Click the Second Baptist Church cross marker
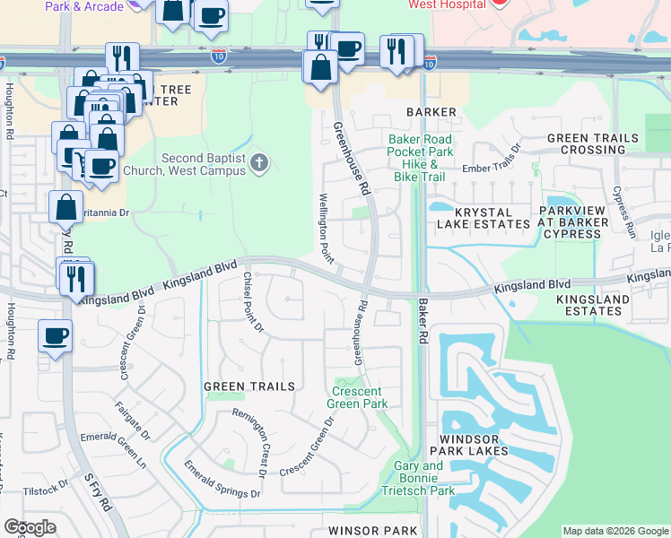pyautogui.click(x=260, y=163)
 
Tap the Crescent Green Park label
pyautogui.click(x=360, y=397)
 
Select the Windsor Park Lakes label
pyautogui.click(x=475, y=446)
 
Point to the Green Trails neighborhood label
pyautogui.click(x=249, y=386)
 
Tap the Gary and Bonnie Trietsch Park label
pyautogui.click(x=418, y=478)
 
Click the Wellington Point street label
pyautogui.click(x=325, y=229)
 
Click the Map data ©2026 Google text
pyautogui.click(x=614, y=531)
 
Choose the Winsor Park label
pyautogui.click(x=373, y=531)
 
